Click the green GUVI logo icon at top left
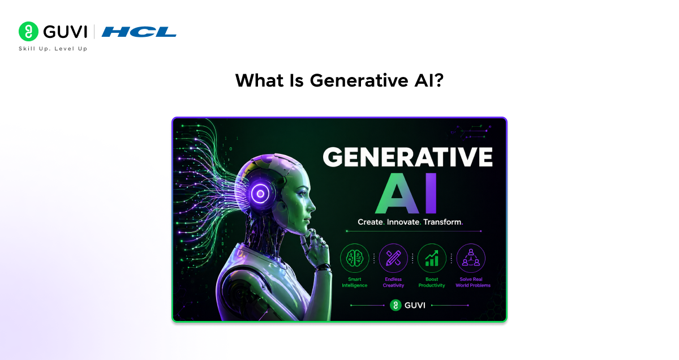[28, 31]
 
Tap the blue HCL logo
[139, 32]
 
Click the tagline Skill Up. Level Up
[53, 49]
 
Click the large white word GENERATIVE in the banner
[408, 157]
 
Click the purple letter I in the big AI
[431, 194]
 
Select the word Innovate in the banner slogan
[403, 222]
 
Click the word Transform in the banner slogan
[442, 222]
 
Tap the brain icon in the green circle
[354, 258]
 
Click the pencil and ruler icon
[393, 258]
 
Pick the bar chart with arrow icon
[432, 258]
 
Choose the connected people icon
[471, 258]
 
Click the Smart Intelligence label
[354, 282]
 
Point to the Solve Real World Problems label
[473, 282]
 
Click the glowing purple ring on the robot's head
[260, 193]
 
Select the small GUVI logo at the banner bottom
[408, 306]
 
